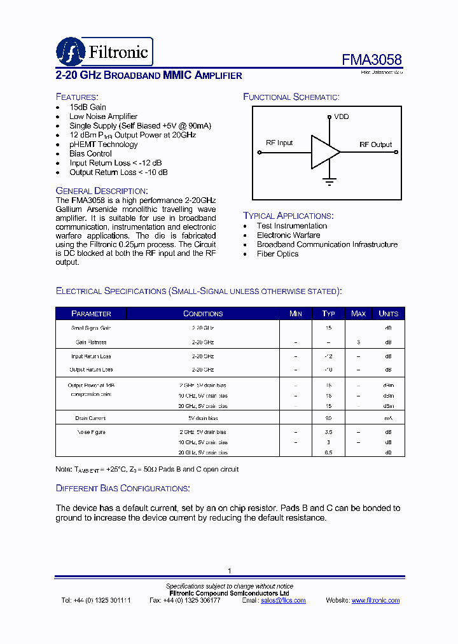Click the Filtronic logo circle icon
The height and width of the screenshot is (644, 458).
(70, 51)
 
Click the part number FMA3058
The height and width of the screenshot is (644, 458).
(371, 60)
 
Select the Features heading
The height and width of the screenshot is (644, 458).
(77, 97)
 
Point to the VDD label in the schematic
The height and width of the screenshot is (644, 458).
(342, 117)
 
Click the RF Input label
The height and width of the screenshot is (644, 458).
(279, 143)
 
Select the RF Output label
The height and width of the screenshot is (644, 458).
(375, 144)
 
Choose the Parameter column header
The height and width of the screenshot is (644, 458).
(91, 314)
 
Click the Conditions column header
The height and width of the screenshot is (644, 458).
(203, 314)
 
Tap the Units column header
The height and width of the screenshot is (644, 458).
(388, 314)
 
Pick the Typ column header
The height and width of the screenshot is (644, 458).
(328, 314)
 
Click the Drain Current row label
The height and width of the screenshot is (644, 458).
(90, 419)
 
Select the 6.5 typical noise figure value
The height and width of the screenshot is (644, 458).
(328, 452)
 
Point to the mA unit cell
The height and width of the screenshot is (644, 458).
(388, 419)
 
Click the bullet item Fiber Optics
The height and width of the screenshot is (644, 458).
(277, 254)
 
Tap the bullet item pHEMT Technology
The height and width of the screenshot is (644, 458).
(103, 144)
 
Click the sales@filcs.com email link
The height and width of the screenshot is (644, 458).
(283, 601)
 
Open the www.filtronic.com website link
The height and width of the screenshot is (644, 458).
(375, 601)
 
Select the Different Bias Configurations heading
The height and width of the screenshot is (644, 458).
(122, 488)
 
